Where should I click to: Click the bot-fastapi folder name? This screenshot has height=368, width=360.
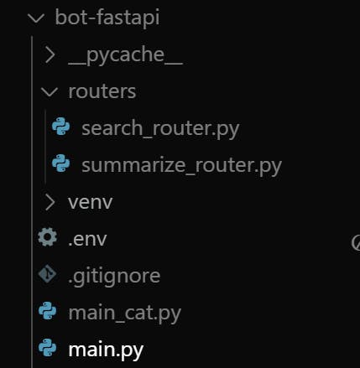click(107, 18)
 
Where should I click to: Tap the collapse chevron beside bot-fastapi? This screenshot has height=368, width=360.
click(36, 18)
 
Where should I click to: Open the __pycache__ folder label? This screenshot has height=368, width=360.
click(125, 55)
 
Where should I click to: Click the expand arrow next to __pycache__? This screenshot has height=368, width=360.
click(50, 54)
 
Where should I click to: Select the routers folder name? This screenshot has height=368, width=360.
click(102, 91)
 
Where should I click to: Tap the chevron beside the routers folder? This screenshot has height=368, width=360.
click(50, 92)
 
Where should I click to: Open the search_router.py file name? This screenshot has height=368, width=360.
click(160, 129)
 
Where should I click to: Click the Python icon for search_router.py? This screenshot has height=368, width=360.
click(61, 127)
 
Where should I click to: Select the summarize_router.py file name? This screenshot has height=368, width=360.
click(181, 166)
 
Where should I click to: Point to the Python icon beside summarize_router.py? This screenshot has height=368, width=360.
click(61, 163)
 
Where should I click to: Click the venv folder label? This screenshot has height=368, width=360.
click(91, 202)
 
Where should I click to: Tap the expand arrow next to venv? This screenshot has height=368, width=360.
click(50, 202)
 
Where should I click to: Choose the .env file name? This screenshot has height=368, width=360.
click(87, 240)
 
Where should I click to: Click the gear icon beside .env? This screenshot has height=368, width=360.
click(48, 237)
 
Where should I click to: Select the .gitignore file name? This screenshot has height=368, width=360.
click(114, 277)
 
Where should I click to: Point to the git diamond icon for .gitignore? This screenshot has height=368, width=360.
click(47, 274)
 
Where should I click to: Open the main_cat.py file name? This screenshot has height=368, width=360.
click(125, 314)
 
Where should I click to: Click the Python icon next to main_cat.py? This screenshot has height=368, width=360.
click(47, 311)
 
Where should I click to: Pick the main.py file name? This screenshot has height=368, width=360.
click(106, 350)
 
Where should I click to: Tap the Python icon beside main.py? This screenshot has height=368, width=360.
click(47, 348)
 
